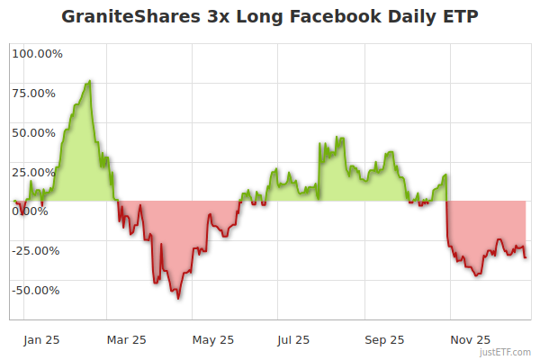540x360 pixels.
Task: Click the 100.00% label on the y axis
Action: [37, 53]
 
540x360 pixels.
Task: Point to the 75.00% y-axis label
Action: [37, 93]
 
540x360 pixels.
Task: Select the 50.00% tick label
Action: [37, 132]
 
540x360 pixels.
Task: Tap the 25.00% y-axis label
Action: [37, 172]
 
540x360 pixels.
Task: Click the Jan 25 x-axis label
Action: [41, 339]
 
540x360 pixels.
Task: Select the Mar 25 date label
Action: [127, 339]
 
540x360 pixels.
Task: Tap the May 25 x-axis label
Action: [213, 339]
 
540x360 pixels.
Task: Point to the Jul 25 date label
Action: [294, 339]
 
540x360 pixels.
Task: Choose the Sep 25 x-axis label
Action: [385, 339]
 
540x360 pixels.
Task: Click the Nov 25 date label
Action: [470, 339]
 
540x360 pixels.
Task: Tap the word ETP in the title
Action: [455, 16]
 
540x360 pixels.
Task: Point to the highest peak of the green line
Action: [90, 81]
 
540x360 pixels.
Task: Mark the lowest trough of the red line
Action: [178, 298]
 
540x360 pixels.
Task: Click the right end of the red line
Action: [526, 258]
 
